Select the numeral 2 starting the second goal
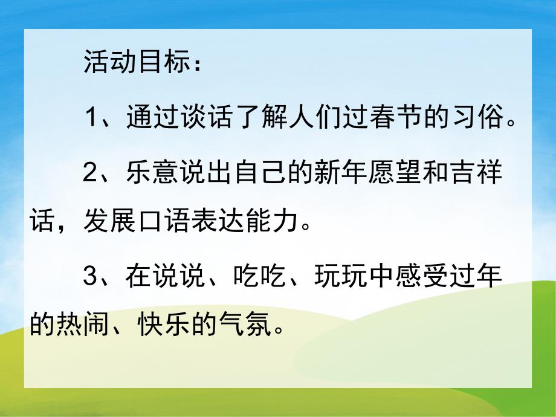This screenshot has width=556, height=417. (91, 173)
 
